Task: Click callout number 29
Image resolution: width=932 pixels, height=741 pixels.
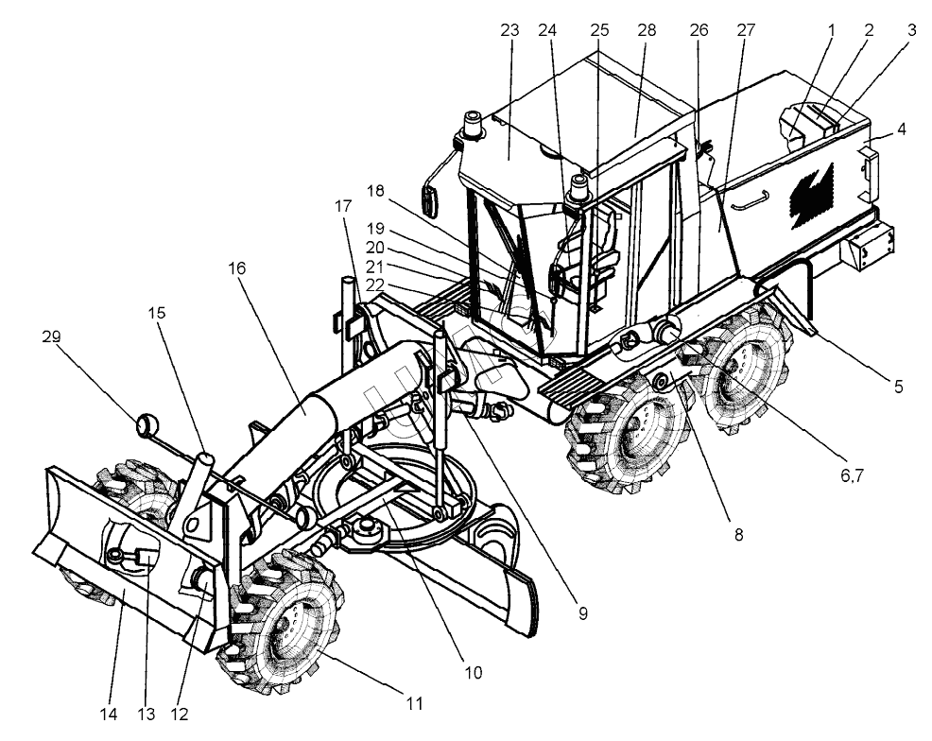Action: pos(51,336)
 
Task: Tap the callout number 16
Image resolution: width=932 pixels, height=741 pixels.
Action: pos(236,268)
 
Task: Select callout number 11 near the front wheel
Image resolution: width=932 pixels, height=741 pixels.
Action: pos(413,703)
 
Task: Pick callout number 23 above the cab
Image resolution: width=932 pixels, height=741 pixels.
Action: pos(509,30)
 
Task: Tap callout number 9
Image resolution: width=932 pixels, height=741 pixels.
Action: pos(582,613)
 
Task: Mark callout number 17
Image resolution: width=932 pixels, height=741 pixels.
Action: pos(342,206)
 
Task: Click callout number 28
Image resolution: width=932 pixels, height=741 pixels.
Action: pos(647,30)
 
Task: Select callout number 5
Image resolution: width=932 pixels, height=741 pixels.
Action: pos(899,386)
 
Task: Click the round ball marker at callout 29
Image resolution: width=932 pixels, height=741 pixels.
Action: pos(146,424)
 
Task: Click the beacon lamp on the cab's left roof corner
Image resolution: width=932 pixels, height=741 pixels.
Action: pos(472,124)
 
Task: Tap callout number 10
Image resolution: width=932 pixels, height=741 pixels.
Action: pos(474,673)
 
